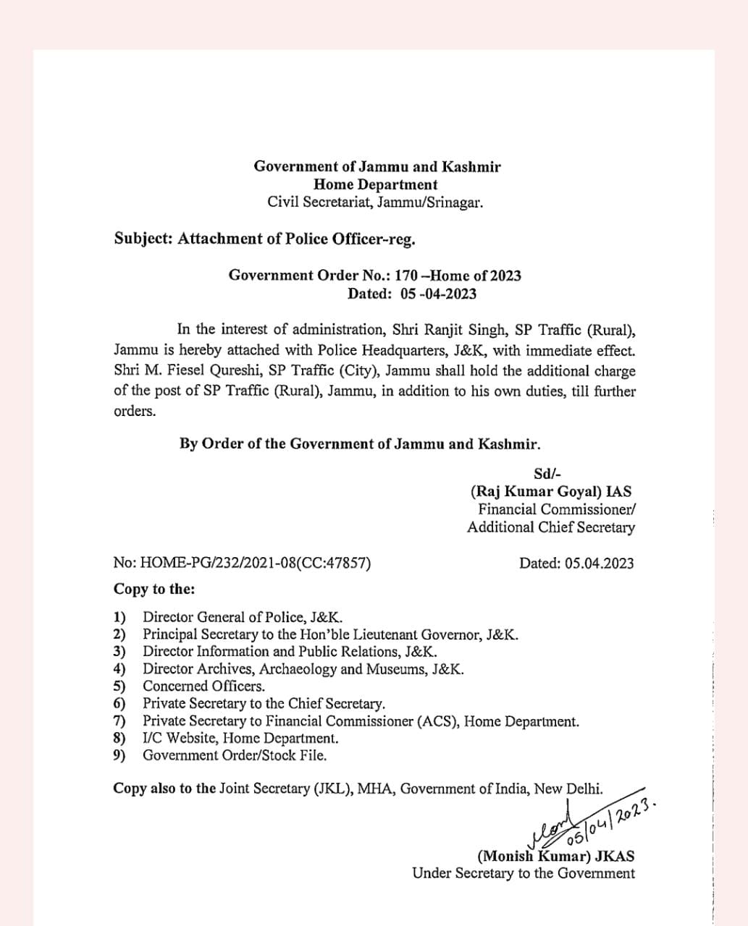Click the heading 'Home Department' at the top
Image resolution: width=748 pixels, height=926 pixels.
coord(376,184)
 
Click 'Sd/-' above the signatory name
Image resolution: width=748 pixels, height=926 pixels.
coord(546,474)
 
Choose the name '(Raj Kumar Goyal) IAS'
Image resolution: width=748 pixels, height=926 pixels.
coord(550,492)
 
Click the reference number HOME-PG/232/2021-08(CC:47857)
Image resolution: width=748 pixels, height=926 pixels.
coord(242,563)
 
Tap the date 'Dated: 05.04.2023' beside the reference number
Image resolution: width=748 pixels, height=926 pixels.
coord(576,563)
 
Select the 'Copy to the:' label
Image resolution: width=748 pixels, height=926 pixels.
coord(154,589)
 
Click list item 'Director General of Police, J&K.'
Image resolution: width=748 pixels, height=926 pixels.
coord(242,617)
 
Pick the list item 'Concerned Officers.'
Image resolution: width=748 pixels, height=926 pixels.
coord(203,686)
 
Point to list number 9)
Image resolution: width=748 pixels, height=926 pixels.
coord(119,755)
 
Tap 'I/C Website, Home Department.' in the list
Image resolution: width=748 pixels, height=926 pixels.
coord(240,738)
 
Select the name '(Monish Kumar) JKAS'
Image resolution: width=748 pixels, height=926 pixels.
coord(555,857)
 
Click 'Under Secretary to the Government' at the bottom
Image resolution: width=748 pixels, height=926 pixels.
coord(523,873)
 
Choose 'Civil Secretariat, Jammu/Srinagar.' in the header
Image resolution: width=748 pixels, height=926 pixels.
coord(375,202)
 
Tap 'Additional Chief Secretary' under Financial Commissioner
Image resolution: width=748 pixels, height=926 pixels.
coord(550,527)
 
